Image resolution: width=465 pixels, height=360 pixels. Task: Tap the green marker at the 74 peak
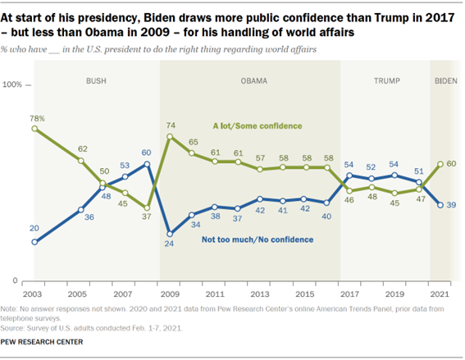pyautogui.click(x=170, y=136)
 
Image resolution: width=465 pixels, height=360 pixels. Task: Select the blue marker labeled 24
pyautogui.click(x=170, y=232)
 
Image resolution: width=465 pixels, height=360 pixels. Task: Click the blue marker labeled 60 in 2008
pyautogui.click(x=148, y=164)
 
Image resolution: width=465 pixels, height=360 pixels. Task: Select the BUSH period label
pyautogui.click(x=97, y=80)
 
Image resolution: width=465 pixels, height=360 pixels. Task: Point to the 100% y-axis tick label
pyautogui.click(x=14, y=85)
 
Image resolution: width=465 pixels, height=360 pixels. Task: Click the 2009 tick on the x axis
pyautogui.click(x=170, y=292)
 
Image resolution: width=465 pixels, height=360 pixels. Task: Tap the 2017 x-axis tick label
pyautogui.click(x=350, y=292)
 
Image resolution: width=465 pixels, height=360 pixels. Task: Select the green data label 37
pyautogui.click(x=148, y=217)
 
